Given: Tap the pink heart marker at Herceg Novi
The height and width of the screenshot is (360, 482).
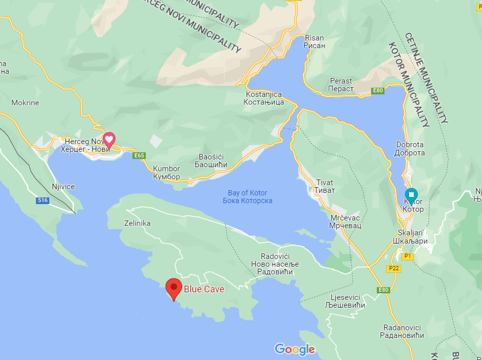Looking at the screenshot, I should [x=109, y=139].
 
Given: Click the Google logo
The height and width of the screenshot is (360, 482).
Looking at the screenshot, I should [x=295, y=350].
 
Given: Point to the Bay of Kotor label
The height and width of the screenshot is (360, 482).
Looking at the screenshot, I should [x=247, y=197].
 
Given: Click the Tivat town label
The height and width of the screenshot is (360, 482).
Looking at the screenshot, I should [x=325, y=186].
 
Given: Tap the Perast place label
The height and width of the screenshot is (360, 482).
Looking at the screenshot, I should [x=341, y=85].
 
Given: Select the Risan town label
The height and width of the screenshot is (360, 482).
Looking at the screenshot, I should [x=315, y=42].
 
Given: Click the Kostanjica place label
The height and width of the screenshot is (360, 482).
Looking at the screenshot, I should [x=265, y=98].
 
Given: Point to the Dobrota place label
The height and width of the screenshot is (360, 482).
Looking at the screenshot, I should [x=410, y=149].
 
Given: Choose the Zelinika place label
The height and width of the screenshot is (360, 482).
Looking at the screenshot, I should [x=138, y=224].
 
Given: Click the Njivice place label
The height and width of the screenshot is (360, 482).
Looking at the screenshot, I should [x=63, y=187].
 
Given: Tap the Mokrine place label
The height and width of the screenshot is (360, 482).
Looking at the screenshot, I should [x=25, y=103].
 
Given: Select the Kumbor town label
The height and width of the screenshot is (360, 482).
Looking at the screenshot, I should [x=167, y=173].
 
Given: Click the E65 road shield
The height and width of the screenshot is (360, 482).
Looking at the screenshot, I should [x=138, y=155].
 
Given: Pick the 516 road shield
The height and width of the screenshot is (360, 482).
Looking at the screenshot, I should [x=43, y=200].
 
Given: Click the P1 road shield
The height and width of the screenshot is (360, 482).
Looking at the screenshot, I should [x=408, y=255].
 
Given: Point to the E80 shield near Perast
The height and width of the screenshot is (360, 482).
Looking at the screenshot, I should [x=378, y=91].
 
